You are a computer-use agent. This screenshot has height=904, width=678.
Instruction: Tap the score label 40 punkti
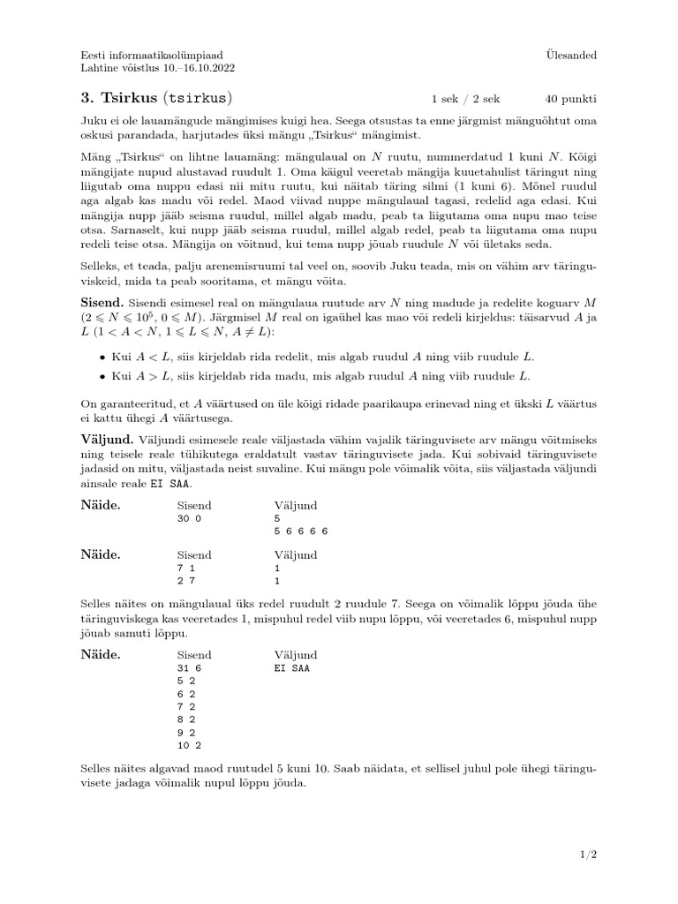(570, 98)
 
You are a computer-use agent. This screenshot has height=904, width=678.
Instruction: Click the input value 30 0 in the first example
(190, 519)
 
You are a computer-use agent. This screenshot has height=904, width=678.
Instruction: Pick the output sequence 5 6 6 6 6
(301, 531)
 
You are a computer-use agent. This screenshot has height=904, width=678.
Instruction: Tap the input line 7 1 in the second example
(185, 569)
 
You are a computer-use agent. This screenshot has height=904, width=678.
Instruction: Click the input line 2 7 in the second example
(185, 582)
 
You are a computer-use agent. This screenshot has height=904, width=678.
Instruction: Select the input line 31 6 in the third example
(190, 669)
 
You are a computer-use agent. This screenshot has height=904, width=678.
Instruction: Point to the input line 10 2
(190, 745)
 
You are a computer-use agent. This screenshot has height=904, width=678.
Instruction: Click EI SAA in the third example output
(292, 669)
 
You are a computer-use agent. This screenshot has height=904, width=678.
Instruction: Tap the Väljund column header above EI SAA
(296, 655)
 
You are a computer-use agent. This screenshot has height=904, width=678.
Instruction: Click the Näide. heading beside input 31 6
(101, 654)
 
